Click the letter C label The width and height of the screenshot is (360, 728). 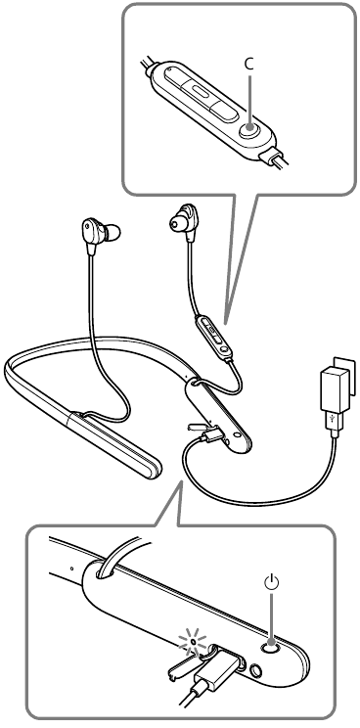tap(249, 65)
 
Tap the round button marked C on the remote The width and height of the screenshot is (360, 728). tap(250, 127)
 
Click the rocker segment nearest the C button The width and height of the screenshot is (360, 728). tap(221, 110)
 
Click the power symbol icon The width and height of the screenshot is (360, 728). tap(271, 582)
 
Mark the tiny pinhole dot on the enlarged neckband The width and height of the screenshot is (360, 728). tap(71, 568)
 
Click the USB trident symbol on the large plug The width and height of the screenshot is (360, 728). tap(333, 418)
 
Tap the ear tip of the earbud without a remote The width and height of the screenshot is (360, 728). tap(112, 232)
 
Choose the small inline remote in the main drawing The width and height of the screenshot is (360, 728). tap(214, 337)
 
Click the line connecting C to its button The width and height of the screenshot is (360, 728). tap(249, 99)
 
